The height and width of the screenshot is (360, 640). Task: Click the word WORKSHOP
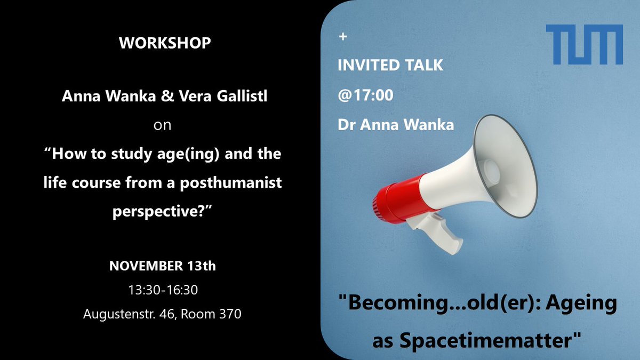point(165,43)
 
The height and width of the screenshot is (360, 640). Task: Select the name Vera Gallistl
point(221,97)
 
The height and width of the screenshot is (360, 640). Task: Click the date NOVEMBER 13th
point(163,266)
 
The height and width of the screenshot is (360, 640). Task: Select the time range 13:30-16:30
point(163,290)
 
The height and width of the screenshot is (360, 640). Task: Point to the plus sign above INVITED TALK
point(342,37)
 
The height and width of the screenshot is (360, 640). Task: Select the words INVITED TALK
point(390,65)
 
